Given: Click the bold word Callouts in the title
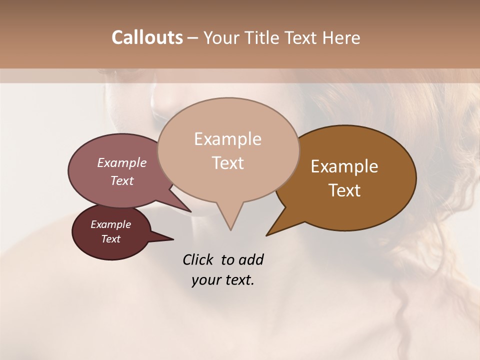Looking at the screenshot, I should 147,38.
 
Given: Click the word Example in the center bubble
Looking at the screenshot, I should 227,139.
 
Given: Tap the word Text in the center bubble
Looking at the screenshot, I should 227,163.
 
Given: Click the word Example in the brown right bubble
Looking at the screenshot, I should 344,166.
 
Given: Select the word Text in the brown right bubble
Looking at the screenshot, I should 344,190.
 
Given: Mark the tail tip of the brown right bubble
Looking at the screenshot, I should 267,235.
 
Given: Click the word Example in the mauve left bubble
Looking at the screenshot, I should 121,163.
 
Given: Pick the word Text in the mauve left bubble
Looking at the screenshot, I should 121,181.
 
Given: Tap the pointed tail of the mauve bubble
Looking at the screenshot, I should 190,211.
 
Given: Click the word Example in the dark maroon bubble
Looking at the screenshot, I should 110,224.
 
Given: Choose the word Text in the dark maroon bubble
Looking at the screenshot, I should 110,239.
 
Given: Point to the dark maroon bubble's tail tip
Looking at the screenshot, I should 173,239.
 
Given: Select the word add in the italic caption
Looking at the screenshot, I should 250,260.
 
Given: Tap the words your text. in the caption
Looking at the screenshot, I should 223,280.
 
